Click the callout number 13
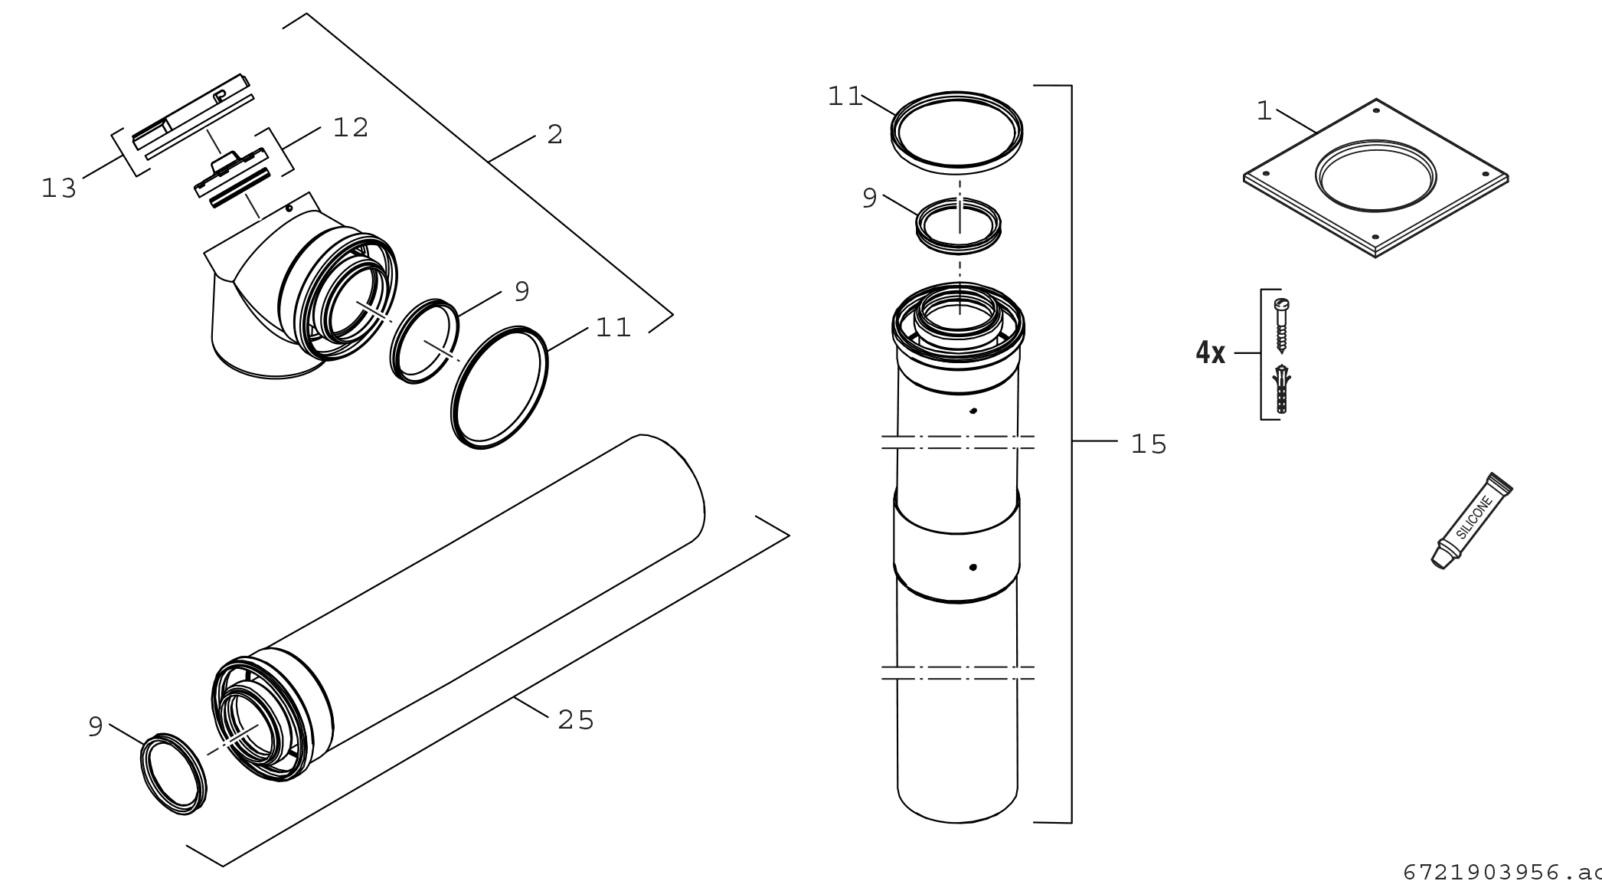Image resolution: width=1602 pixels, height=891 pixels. point(59,188)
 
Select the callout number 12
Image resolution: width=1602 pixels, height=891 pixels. point(351,128)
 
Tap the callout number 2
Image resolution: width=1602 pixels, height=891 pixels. point(555,135)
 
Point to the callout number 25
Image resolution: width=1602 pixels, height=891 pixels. point(576,720)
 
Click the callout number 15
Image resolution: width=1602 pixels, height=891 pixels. point(1149,444)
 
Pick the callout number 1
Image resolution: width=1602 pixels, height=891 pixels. point(1264,112)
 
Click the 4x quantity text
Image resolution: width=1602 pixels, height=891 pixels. point(1211,353)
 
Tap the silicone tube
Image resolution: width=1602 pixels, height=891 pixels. point(1472,520)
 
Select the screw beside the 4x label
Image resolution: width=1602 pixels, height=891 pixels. point(1282,325)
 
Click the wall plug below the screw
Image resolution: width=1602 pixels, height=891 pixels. point(1282,390)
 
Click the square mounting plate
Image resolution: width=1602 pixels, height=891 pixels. point(1376,178)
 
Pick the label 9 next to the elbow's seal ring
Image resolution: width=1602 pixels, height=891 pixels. point(522,291)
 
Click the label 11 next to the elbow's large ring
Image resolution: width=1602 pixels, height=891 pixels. point(613,328)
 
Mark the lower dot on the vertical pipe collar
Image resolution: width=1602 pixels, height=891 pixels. point(973,568)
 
